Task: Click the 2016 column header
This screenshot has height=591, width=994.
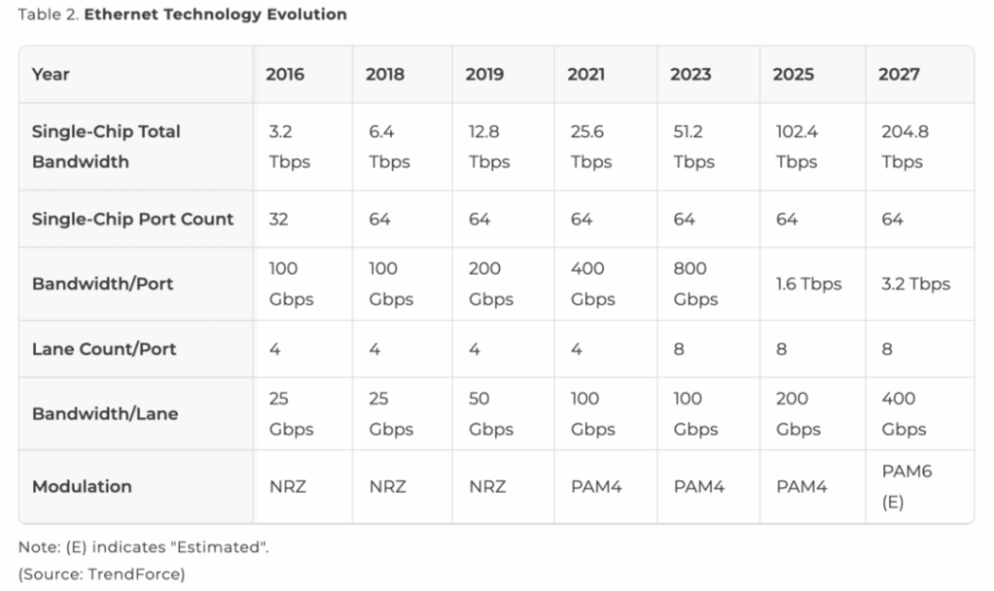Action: point(284,75)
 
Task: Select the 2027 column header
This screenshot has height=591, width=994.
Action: point(898,75)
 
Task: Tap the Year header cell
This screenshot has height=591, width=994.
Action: point(50,75)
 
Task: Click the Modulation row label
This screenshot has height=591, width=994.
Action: point(82,486)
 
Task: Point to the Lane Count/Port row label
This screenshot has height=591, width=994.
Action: point(104,348)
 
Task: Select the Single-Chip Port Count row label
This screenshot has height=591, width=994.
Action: point(132,218)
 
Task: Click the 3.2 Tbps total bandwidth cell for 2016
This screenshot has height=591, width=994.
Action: point(289,147)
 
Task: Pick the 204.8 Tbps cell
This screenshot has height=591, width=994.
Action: point(905,147)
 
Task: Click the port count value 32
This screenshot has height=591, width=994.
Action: point(279,219)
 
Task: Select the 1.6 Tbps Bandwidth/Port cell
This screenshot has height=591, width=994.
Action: point(808,284)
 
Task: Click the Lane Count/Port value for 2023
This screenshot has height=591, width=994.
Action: point(679,348)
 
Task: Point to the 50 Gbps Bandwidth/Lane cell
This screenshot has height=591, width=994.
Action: point(490,413)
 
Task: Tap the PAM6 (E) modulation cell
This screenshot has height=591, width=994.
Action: point(900,486)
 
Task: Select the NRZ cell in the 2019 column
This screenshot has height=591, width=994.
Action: point(487,486)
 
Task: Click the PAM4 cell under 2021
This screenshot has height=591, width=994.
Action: point(595,486)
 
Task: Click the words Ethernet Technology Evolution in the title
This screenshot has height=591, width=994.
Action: point(215,16)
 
